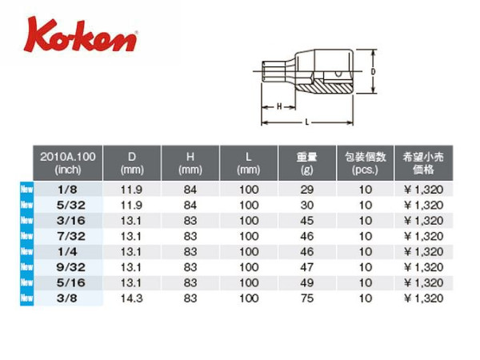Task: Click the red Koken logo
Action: coord(81,35)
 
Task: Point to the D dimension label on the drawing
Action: coord(373,72)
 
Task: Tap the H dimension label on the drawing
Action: coord(279,106)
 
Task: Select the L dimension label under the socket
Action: coord(306,122)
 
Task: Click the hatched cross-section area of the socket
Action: coord(325,86)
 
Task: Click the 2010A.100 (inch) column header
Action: coord(68,163)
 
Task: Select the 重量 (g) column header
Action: coord(306,163)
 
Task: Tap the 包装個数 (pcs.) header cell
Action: coord(366,163)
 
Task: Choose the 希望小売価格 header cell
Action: coord(423,163)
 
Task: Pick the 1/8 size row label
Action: coord(67,190)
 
